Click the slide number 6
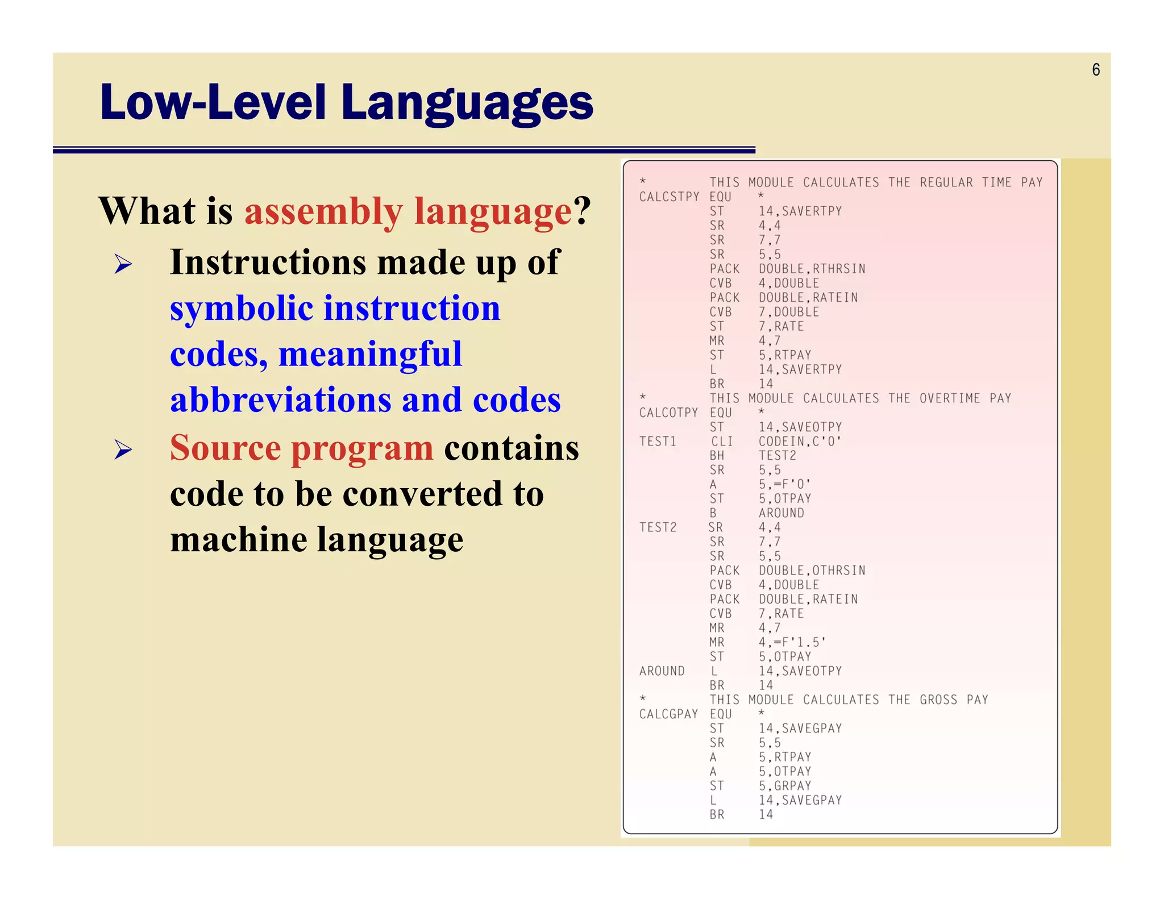(x=1096, y=70)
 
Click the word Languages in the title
(x=467, y=103)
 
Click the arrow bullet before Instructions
(x=123, y=264)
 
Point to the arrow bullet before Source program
(x=123, y=449)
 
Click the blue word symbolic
(x=242, y=309)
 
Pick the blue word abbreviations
(x=281, y=400)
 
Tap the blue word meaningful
(x=370, y=355)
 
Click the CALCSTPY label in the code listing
(x=669, y=197)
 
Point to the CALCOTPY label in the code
(x=668, y=413)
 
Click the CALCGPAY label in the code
(x=668, y=714)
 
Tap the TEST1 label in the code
(x=658, y=442)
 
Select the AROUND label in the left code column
(x=662, y=671)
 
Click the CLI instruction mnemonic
(x=722, y=442)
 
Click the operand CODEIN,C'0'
(x=800, y=442)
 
